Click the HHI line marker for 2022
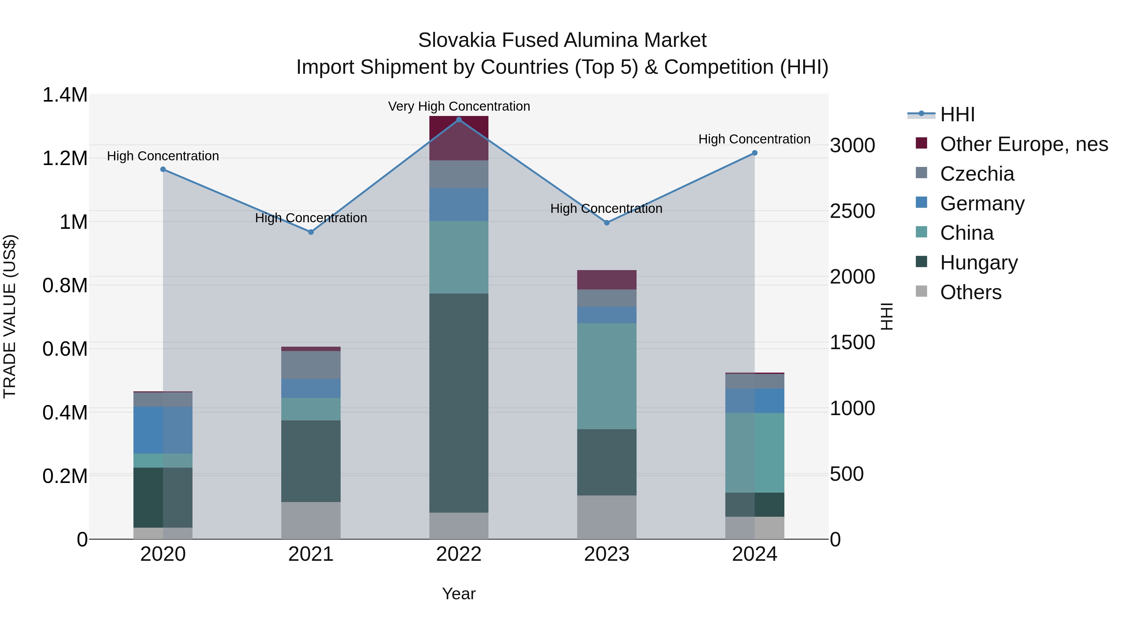tap(458, 119)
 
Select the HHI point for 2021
tap(311, 232)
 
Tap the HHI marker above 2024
tap(754, 153)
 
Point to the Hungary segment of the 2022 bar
tap(458, 403)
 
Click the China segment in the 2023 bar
tap(607, 376)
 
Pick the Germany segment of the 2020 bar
tap(163, 430)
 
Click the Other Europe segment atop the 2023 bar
tap(607, 279)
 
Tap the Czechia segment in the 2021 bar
tap(311, 365)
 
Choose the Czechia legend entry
tap(977, 174)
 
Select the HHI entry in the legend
tap(957, 114)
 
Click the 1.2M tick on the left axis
tap(65, 158)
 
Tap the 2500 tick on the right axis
tap(852, 211)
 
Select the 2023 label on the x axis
tap(607, 554)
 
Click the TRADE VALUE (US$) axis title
tap(10, 316)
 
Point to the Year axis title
tap(458, 594)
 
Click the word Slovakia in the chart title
tap(457, 40)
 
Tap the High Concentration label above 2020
tap(163, 156)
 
